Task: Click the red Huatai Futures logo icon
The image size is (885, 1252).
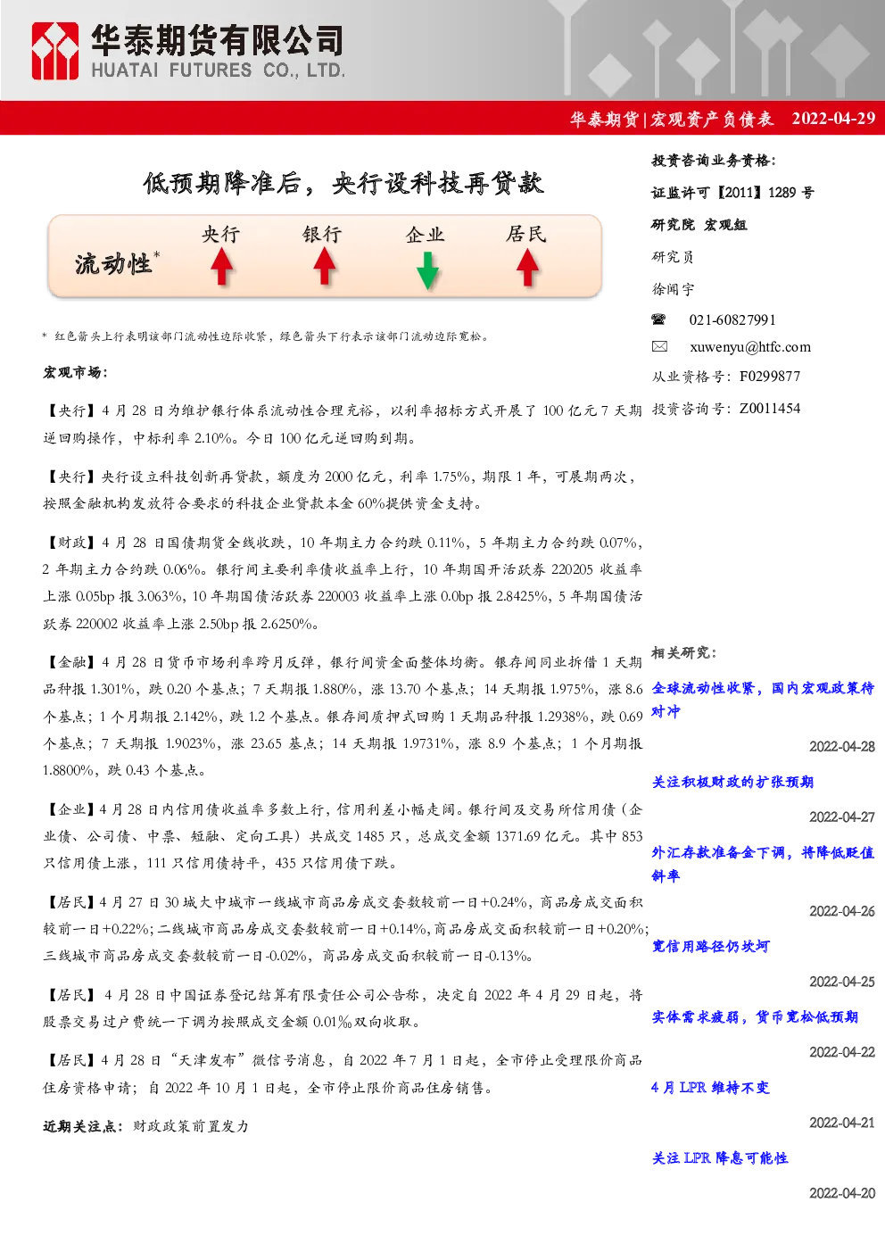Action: point(54,51)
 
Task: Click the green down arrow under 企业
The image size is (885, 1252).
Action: point(427,270)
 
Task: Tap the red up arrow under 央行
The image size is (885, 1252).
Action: point(222,267)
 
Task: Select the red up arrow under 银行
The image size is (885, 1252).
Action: point(324,267)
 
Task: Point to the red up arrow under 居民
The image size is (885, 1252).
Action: point(527,267)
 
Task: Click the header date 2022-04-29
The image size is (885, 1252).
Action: point(833,119)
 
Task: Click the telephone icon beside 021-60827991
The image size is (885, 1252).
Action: point(658,319)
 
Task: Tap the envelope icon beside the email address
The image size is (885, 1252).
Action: point(659,346)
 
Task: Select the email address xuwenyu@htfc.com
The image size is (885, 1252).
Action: point(750,347)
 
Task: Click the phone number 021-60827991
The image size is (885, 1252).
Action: point(732,319)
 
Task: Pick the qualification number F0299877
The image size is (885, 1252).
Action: point(770,377)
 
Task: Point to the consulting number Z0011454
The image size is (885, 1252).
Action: point(770,409)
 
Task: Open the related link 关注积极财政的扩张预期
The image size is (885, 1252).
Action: point(732,782)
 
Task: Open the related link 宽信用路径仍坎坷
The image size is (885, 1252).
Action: point(711,946)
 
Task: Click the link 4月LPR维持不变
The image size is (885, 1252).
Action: point(711,1087)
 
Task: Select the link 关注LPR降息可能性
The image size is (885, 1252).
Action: point(720,1157)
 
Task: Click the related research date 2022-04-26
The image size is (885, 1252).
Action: point(842,911)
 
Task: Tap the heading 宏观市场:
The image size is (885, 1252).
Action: point(76,372)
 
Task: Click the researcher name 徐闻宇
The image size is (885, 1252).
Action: point(673,289)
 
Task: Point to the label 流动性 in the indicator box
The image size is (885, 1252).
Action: point(113,264)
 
